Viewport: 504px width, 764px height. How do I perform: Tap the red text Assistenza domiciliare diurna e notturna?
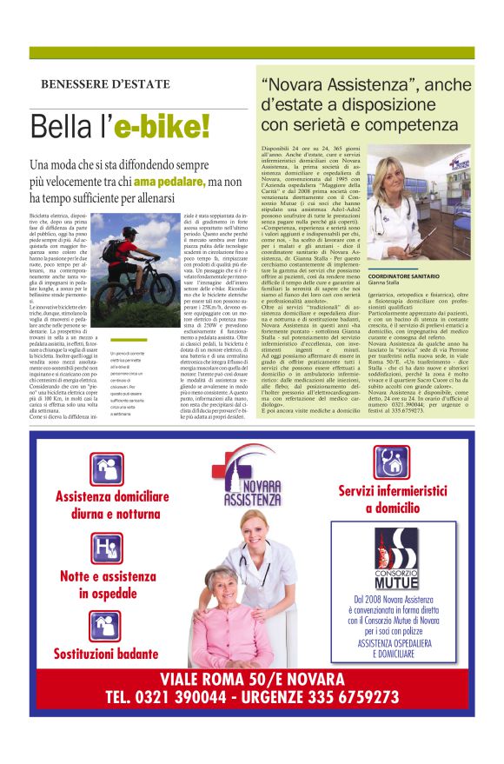pyautogui.click(x=112, y=505)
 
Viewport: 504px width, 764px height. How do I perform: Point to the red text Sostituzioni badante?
pyautogui.click(x=106, y=652)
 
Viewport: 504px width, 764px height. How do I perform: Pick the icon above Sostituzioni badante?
pyautogui.click(x=107, y=625)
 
